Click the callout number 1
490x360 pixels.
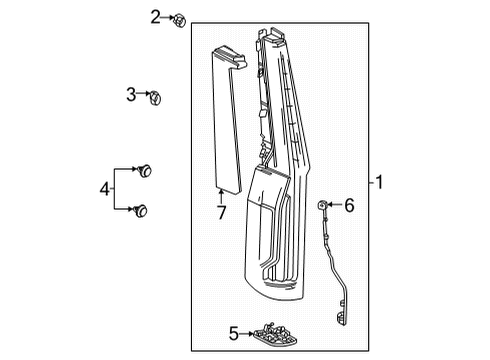click(x=379, y=182)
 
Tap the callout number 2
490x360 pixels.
click(x=155, y=17)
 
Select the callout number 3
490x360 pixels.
click(x=131, y=94)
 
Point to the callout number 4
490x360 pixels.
click(x=105, y=189)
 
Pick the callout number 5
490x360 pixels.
click(x=234, y=333)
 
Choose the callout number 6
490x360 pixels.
click(x=349, y=205)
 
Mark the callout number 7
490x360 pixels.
click(x=222, y=212)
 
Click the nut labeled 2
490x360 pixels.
click(x=179, y=21)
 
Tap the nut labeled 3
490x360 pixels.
click(x=155, y=97)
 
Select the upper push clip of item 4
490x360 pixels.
click(x=145, y=171)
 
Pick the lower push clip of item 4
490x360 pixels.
click(x=140, y=211)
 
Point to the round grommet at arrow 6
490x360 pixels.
click(x=322, y=205)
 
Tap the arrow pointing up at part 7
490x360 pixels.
click(x=221, y=195)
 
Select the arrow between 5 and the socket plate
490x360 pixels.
click(x=247, y=333)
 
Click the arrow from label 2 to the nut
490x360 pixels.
click(x=168, y=17)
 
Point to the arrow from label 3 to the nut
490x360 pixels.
click(x=144, y=93)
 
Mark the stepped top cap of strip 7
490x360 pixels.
click(x=230, y=57)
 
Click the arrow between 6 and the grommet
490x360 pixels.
click(x=335, y=205)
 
